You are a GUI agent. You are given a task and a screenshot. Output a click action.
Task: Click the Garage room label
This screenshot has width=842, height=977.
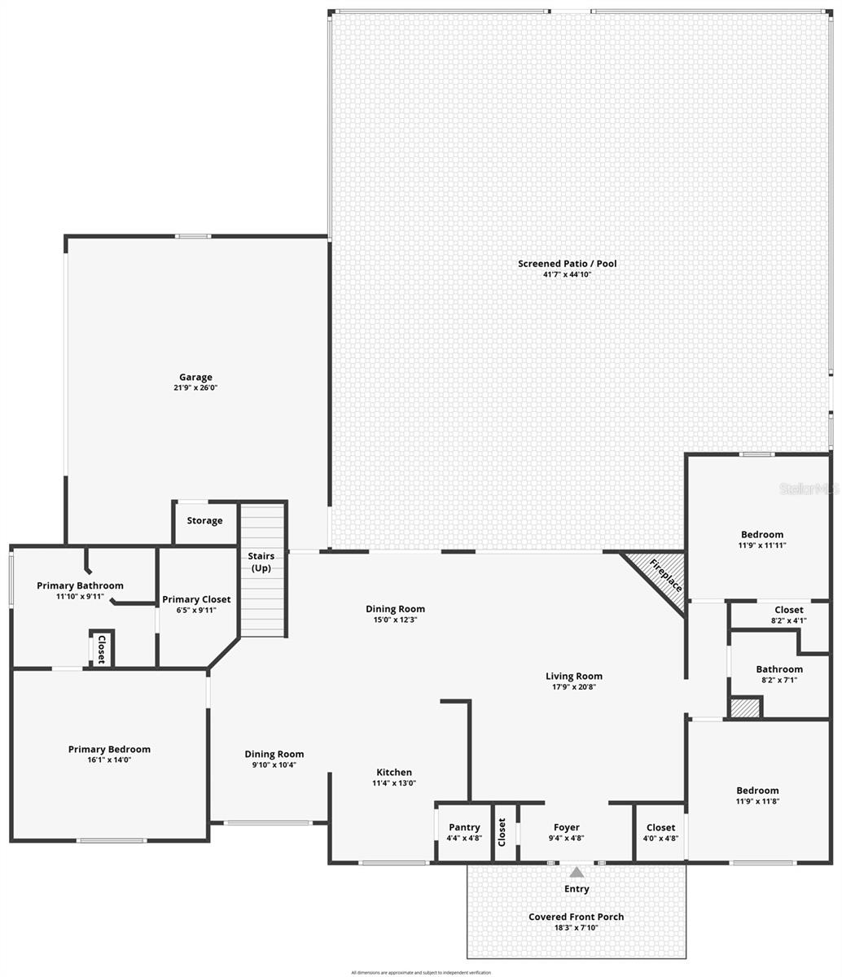[195, 377]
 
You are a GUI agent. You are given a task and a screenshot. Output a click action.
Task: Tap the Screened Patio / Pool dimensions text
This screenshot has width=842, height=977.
[567, 275]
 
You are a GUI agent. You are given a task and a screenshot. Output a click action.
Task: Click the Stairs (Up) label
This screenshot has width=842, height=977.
[261, 562]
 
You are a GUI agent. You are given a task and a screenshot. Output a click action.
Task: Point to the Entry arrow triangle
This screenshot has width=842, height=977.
[577, 872]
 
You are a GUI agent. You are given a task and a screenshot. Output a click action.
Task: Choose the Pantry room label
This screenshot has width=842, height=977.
[464, 827]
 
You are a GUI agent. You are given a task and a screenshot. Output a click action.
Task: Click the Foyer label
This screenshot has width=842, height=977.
[567, 827]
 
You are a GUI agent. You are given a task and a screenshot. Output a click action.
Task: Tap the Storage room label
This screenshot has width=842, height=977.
[204, 521]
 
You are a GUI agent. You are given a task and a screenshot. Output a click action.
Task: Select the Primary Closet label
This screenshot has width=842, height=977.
[196, 599]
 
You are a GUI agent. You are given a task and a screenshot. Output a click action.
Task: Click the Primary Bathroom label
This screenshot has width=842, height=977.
[80, 585]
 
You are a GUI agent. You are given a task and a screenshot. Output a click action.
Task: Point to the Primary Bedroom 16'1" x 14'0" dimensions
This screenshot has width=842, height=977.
[109, 760]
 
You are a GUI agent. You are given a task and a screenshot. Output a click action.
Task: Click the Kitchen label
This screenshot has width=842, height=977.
[394, 773]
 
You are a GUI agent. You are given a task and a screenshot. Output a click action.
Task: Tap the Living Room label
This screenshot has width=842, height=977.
[574, 676]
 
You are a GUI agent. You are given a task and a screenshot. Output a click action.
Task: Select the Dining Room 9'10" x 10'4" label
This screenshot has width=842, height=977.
[274, 755]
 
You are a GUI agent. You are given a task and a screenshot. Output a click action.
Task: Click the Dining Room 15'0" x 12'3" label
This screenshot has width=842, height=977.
[395, 609]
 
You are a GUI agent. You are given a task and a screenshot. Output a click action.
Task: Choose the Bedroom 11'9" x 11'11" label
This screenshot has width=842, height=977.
[762, 535]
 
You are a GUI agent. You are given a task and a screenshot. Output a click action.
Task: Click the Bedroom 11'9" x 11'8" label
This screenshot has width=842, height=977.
[757, 791]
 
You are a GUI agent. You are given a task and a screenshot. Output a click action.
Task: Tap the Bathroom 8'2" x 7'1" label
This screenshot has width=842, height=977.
[779, 669]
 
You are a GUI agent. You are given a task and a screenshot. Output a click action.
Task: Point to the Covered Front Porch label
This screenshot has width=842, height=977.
[576, 917]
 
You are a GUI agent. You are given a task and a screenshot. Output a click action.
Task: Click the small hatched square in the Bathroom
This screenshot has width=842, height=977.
[744, 708]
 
